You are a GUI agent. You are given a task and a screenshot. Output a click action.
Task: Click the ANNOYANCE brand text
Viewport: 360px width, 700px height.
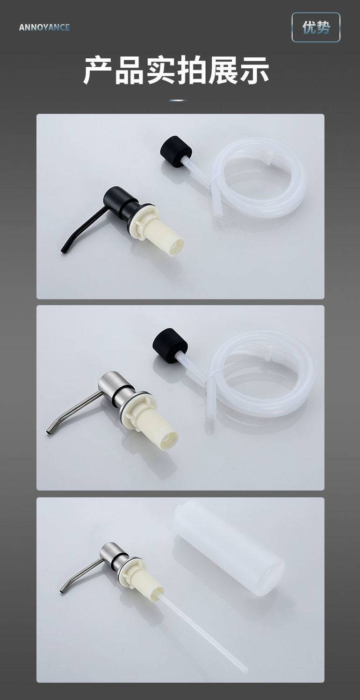tap(44, 28)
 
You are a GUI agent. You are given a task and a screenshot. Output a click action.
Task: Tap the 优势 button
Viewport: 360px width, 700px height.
tap(316, 27)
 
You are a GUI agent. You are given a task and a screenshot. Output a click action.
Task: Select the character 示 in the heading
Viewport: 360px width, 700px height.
tap(254, 70)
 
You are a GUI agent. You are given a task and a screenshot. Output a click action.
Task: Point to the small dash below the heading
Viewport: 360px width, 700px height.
tap(178, 100)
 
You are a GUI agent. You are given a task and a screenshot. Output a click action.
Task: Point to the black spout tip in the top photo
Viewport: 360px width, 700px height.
tap(64, 250)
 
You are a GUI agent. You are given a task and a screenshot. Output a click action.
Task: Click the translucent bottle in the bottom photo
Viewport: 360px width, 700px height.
tap(230, 548)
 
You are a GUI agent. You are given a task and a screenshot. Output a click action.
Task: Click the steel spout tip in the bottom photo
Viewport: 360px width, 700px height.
tap(63, 590)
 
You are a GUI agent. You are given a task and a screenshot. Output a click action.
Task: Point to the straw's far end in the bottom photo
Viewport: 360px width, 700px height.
tap(246, 670)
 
